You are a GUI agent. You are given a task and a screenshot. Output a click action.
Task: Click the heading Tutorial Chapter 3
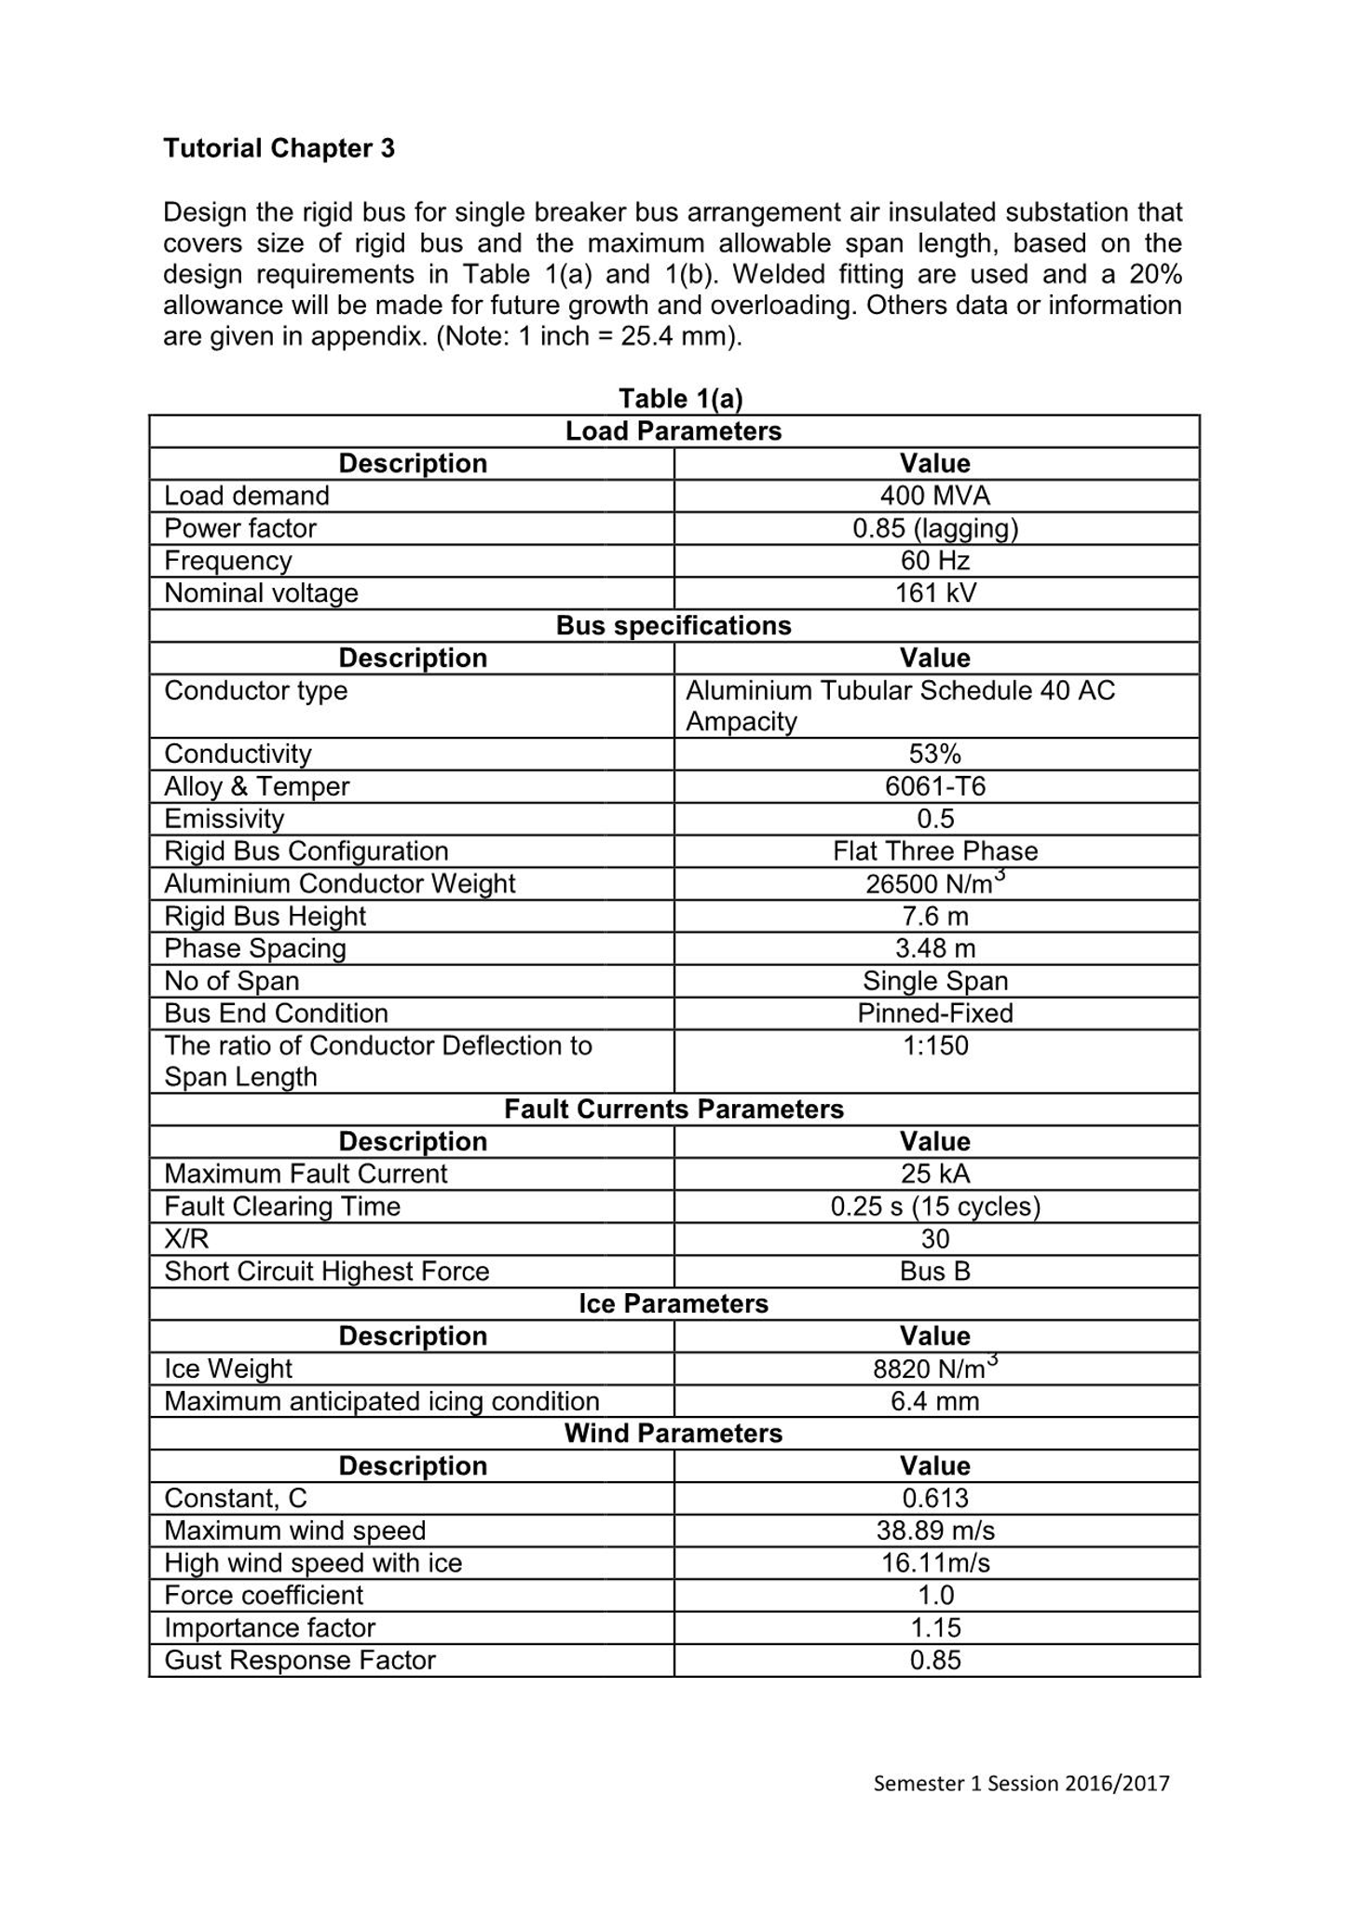point(279,148)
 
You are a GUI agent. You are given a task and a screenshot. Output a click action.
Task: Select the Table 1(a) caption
point(681,399)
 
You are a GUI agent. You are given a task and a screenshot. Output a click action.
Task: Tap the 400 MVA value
point(935,496)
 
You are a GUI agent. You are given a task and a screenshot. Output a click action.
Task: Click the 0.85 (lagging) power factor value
point(935,528)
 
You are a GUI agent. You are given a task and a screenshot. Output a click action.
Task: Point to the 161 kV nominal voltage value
point(935,593)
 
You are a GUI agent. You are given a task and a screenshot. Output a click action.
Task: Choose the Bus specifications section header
point(673,625)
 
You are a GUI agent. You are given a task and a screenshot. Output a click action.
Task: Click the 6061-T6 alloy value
point(935,786)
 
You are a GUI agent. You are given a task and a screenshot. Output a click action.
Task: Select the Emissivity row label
point(224,819)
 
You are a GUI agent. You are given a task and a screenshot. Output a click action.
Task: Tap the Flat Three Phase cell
point(935,851)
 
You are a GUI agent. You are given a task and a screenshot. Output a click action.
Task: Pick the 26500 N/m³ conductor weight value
point(935,883)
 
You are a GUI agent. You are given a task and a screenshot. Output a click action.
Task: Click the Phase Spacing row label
point(254,948)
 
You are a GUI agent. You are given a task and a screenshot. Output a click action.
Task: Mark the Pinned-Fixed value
point(935,1013)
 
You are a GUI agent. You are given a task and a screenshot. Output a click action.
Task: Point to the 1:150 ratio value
point(935,1045)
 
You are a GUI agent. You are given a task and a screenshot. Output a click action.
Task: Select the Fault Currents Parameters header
point(673,1109)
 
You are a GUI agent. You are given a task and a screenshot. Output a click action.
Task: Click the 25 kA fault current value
point(935,1174)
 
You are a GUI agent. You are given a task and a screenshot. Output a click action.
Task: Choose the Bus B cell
point(935,1272)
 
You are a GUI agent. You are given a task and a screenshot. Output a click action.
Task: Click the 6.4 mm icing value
point(935,1401)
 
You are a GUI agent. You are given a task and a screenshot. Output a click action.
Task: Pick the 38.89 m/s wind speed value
point(935,1531)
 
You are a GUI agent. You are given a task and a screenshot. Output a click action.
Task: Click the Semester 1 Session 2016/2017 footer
point(1021,1783)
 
